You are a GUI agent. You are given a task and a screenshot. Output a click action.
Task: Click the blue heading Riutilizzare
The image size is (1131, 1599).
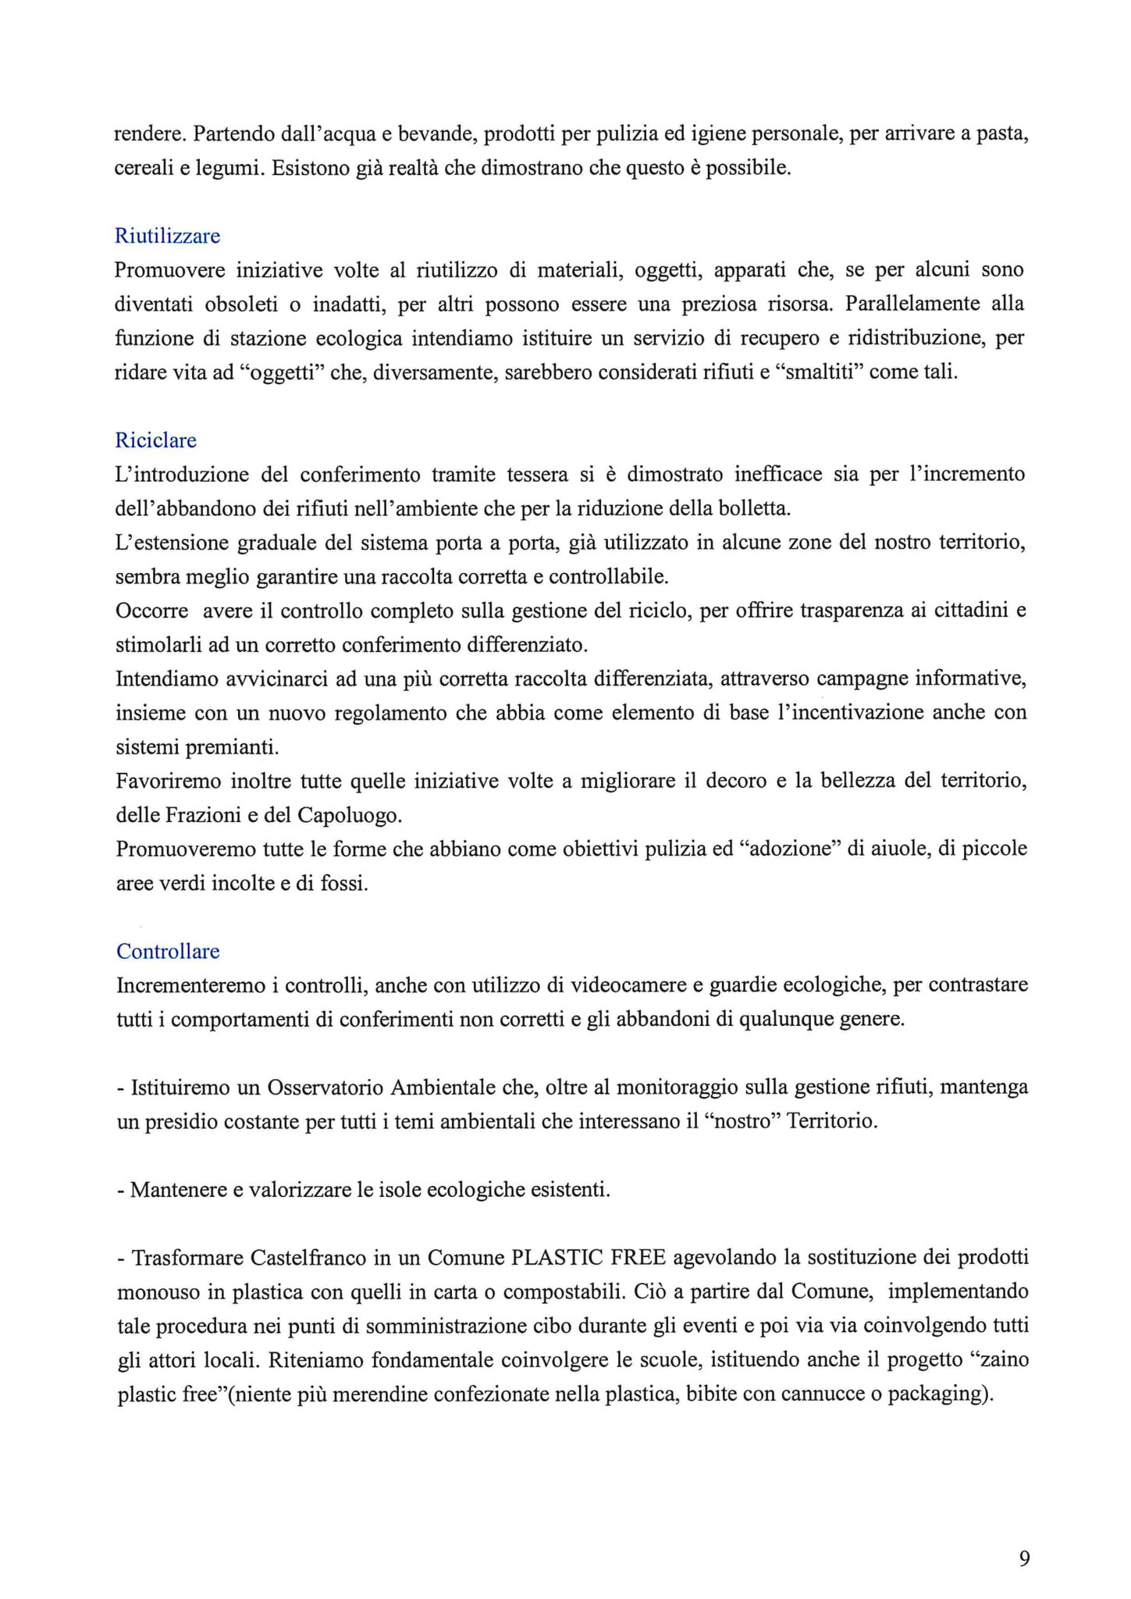tap(167, 236)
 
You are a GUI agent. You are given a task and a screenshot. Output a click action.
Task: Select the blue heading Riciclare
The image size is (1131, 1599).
tap(155, 440)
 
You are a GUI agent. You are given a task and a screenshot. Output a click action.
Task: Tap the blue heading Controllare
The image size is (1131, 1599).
tap(168, 951)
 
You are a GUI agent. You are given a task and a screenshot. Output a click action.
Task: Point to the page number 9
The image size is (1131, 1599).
tap(1024, 1558)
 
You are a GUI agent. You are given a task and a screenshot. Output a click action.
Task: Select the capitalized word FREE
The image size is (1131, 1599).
tap(638, 1258)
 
